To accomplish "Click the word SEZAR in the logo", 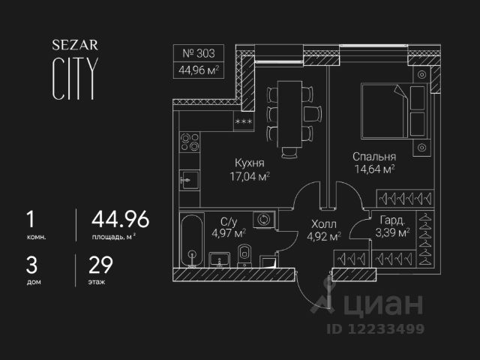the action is [73, 45].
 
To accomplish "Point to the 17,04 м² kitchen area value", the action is [250, 177].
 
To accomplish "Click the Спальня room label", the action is [374, 157].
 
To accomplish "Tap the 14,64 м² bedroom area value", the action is [374, 170].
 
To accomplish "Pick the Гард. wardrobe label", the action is [393, 221].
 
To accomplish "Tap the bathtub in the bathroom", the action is [192, 238].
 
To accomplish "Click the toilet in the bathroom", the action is [243, 255].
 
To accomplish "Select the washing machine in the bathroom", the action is [264, 220].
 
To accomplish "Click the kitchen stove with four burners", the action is [188, 142].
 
